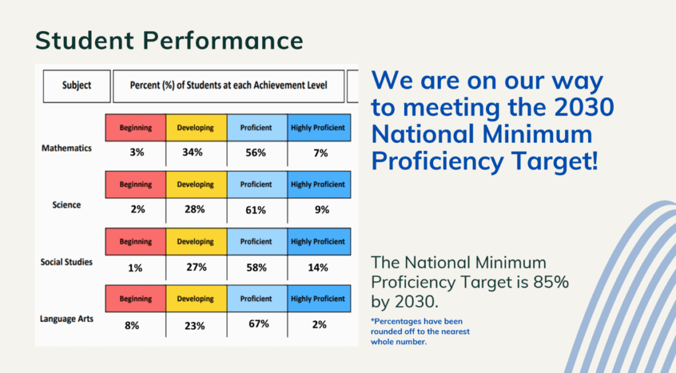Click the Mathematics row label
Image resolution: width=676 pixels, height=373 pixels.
pyautogui.click(x=67, y=148)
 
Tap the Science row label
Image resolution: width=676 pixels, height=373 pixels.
pyautogui.click(x=67, y=204)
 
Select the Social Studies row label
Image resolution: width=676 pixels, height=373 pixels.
pyautogui.click(x=67, y=262)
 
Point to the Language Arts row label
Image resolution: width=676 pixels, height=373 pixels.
pyautogui.click(x=67, y=319)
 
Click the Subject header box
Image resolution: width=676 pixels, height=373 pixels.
pyautogui.click(x=77, y=86)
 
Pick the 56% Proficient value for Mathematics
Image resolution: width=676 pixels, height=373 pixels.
pyautogui.click(x=255, y=153)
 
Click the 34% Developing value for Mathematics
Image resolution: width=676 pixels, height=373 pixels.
pyautogui.click(x=192, y=152)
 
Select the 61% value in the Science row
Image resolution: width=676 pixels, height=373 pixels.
pyautogui.click(x=255, y=210)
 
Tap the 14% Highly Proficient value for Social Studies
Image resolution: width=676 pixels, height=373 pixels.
pyautogui.click(x=318, y=268)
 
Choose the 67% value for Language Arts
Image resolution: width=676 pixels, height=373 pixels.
pyautogui.click(x=259, y=324)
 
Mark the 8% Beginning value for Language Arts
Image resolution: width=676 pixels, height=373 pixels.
pyautogui.click(x=132, y=325)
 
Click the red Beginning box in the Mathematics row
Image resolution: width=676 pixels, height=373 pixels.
pyautogui.click(x=135, y=128)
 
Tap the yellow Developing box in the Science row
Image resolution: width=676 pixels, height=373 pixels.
pyautogui.click(x=196, y=185)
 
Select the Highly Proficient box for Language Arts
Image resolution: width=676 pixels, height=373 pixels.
pyautogui.click(x=319, y=298)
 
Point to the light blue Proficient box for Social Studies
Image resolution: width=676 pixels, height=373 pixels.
pyautogui.click(x=257, y=241)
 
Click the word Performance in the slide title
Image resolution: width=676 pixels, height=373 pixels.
pyautogui.click(x=223, y=40)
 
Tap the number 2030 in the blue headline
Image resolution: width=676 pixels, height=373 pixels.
pyautogui.click(x=584, y=107)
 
